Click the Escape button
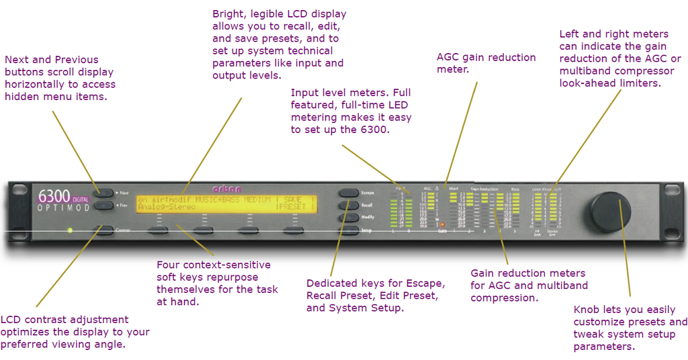(x=348, y=193)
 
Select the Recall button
(x=348, y=206)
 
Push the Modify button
(x=348, y=218)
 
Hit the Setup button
(x=348, y=230)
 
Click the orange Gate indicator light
(x=442, y=224)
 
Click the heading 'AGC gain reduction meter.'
(x=486, y=63)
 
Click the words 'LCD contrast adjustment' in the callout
(x=64, y=319)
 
